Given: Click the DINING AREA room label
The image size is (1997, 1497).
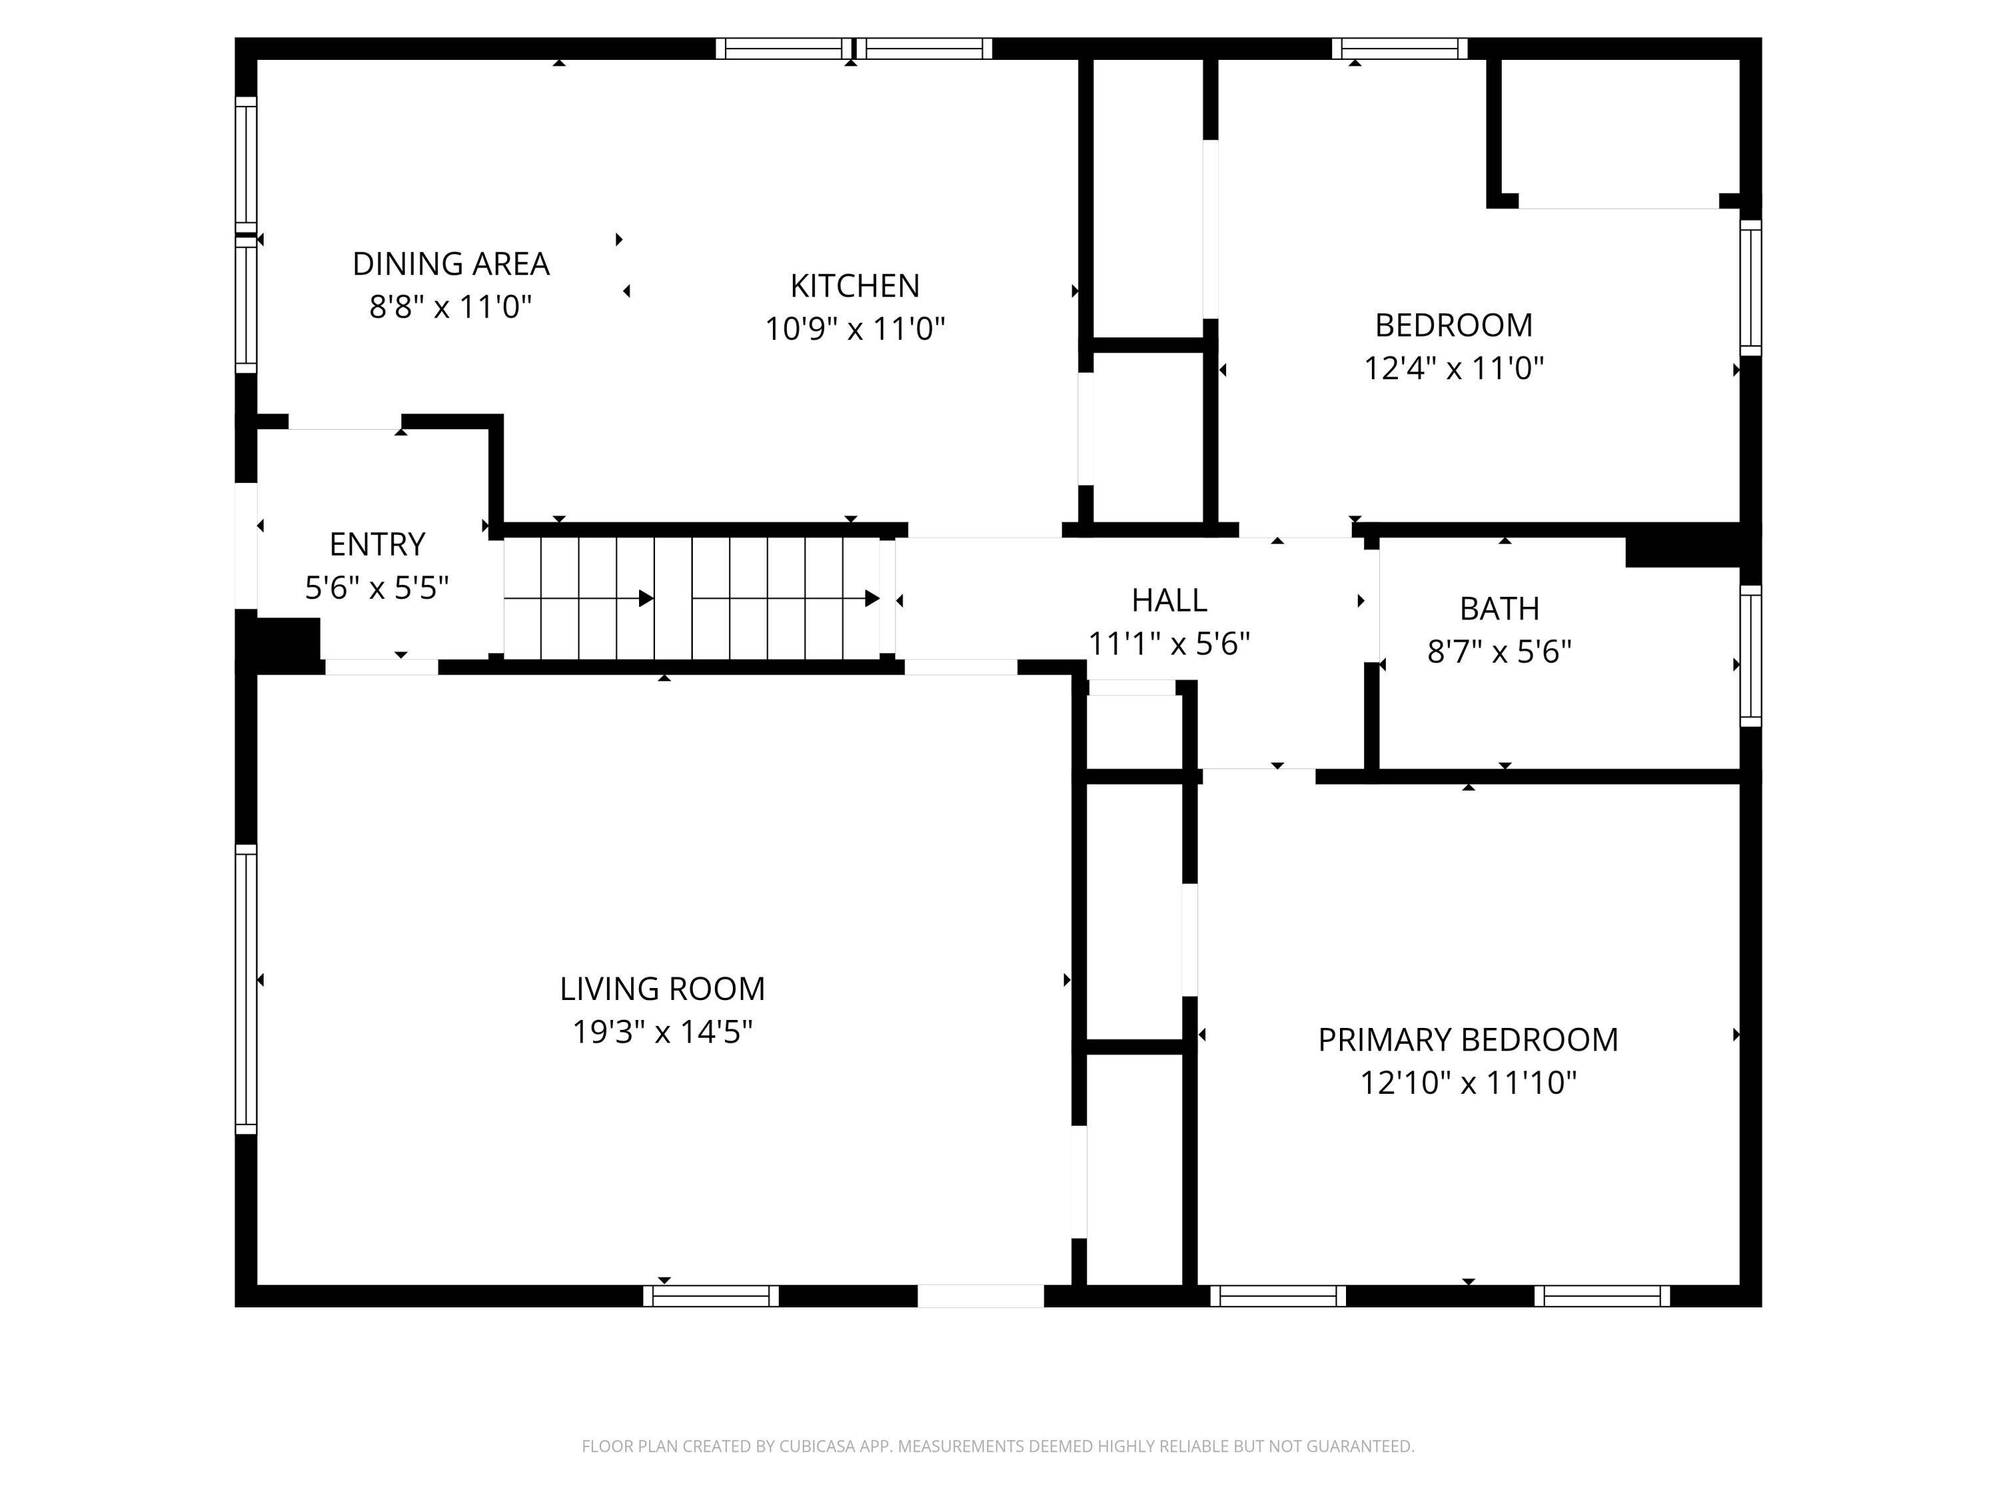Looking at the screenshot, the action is pos(451,263).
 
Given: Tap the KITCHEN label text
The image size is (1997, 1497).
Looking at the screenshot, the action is pos(855,286).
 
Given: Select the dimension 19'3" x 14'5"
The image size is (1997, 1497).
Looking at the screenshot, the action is pos(662,1031).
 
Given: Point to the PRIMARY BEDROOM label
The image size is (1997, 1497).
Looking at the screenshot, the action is pos(1468,1039).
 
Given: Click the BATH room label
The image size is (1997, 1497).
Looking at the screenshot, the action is pos(1500,609).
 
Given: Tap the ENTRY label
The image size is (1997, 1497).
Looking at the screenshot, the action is pos(377,544).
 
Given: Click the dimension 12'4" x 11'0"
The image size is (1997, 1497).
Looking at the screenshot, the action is pos(1454,368).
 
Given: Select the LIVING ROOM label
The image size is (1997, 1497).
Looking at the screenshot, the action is pos(662,989).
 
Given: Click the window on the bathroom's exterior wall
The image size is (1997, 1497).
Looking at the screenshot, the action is pos(1751,655).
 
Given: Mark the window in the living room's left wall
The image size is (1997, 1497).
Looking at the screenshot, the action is pos(246,989).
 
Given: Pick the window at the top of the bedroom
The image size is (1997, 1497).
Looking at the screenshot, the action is pos(1399,49).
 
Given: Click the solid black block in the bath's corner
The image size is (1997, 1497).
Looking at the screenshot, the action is pos(1683,552).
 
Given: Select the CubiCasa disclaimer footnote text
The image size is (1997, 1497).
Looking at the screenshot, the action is pos(998,1446).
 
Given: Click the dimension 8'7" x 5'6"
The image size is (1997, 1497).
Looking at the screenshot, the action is pos(1500,651).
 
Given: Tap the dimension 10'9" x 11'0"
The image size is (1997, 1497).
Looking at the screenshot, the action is pos(855,329).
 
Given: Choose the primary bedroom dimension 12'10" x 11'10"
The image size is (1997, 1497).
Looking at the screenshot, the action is pos(1468,1082).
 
